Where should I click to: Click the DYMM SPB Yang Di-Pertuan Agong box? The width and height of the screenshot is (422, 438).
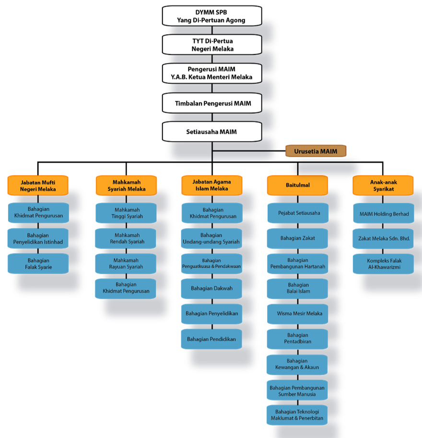tap(211, 16)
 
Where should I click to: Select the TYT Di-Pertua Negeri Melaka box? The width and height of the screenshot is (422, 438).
tap(211, 45)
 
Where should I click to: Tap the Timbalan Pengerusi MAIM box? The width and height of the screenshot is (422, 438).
tap(211, 103)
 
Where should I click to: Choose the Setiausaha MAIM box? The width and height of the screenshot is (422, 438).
tap(211, 131)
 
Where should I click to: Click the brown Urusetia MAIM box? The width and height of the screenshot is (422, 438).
tap(316, 151)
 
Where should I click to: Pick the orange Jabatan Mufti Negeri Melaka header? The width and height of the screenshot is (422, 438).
tap(38, 185)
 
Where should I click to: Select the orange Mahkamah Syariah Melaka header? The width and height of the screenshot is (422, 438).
tap(126, 185)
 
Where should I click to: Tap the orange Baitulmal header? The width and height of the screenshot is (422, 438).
tap(297, 185)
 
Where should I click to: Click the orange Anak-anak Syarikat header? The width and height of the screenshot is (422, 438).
tap(383, 185)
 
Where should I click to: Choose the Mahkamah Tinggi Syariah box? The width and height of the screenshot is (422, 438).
tap(126, 213)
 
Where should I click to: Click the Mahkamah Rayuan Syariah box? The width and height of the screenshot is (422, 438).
tap(126, 264)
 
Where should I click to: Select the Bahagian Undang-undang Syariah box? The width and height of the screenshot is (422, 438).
tap(211, 238)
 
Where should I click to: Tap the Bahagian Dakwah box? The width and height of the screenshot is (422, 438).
tap(211, 288)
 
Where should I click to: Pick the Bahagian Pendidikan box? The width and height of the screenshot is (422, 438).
tap(211, 339)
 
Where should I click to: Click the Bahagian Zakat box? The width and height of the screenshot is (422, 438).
tap(297, 238)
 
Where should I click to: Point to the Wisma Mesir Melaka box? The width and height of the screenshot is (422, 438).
tap(297, 313)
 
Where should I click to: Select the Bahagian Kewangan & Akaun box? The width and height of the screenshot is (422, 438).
tap(297, 364)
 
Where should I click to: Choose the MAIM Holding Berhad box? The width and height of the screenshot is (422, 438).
tap(384, 214)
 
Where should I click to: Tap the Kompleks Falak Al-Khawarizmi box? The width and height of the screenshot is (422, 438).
tap(383, 264)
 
